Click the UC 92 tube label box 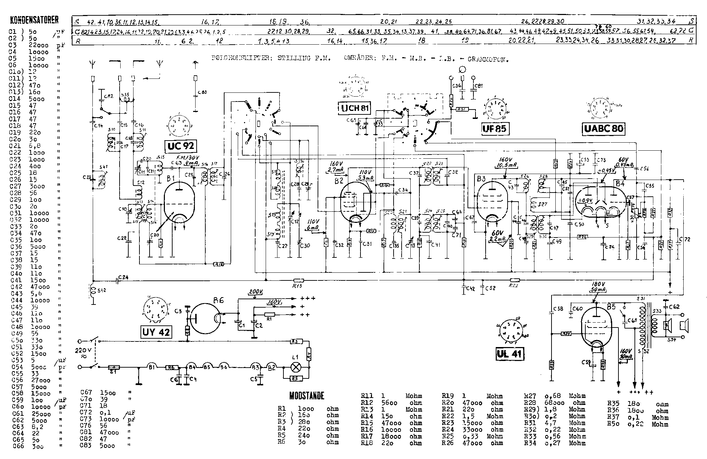(180, 146)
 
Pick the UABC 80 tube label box (603, 129)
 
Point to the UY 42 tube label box (156, 332)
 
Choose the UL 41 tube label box (510, 354)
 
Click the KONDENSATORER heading (34, 20)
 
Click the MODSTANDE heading (307, 396)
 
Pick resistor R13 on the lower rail (298, 280)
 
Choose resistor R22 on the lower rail (515, 280)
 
